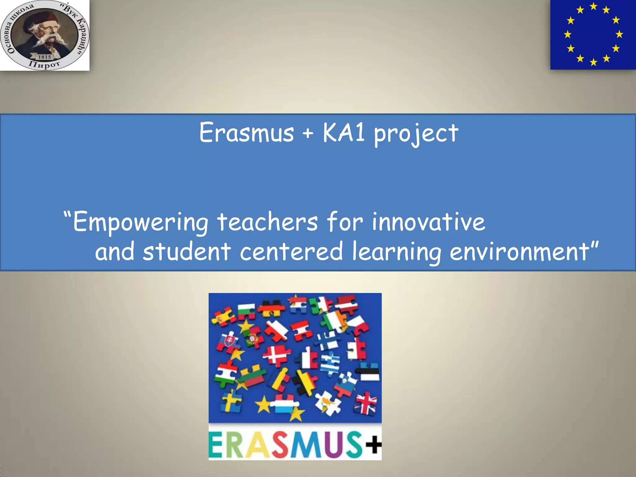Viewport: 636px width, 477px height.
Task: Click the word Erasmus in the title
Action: [246, 133]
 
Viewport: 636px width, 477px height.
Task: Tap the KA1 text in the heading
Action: [343, 133]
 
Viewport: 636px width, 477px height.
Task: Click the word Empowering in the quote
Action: [140, 222]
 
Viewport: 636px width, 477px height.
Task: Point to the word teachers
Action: [267, 222]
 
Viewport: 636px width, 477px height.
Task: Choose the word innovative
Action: [428, 222]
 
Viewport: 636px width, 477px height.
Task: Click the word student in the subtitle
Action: [187, 251]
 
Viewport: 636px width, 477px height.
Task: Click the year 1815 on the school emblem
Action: [44, 57]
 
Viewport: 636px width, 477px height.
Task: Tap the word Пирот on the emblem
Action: [44, 65]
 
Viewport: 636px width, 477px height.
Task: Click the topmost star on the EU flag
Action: [593, 6]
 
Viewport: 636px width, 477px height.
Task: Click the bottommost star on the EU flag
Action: [593, 62]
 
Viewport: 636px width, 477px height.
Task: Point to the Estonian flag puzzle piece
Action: [368, 373]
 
